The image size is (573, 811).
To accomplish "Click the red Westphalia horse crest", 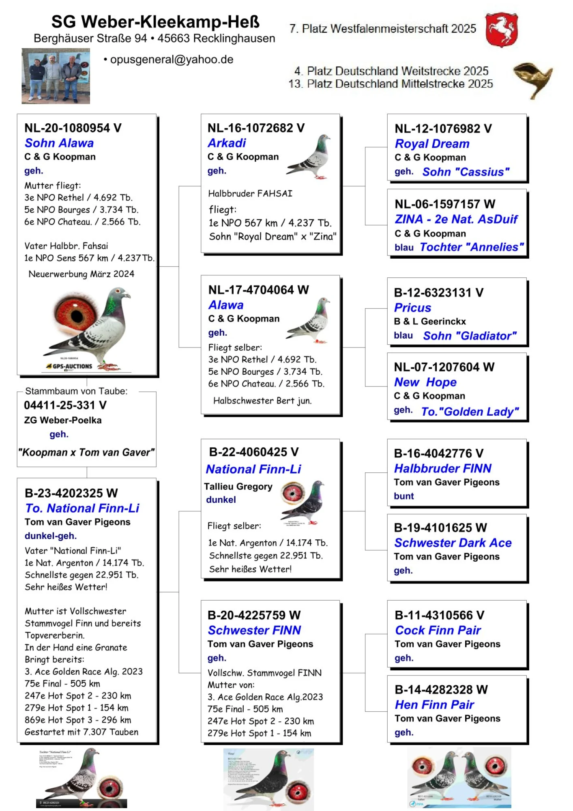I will point(502,30).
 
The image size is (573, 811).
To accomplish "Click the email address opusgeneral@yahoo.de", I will point(172,60).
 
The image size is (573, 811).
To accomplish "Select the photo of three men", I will point(56,76).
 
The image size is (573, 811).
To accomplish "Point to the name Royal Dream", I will point(432,144).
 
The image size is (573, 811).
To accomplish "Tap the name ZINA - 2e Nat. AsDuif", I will point(456,219).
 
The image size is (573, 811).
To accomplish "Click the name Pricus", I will point(412,307).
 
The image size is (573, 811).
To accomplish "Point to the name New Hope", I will point(425,382).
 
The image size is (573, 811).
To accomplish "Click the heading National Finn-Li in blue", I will point(253,469).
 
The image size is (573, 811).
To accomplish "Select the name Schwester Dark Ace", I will point(453,543).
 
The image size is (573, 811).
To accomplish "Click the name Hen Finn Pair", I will point(434,705).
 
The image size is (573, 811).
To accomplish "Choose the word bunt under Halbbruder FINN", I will point(403,496).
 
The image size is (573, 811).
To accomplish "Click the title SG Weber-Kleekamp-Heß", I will point(155,22).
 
